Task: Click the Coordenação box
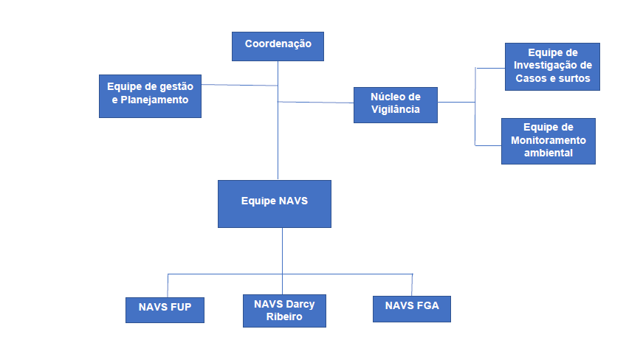278,46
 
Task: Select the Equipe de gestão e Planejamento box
150,96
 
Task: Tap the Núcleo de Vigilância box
395,105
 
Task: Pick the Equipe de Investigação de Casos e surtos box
552,66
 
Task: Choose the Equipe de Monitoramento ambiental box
548,140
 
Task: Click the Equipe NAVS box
274,204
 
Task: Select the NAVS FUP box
165,310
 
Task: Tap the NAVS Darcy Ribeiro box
283,311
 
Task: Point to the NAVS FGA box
411,308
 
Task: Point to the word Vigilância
396,109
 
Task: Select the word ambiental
548,153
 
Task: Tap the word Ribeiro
284,317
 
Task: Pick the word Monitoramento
548,140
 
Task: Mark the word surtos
573,78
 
